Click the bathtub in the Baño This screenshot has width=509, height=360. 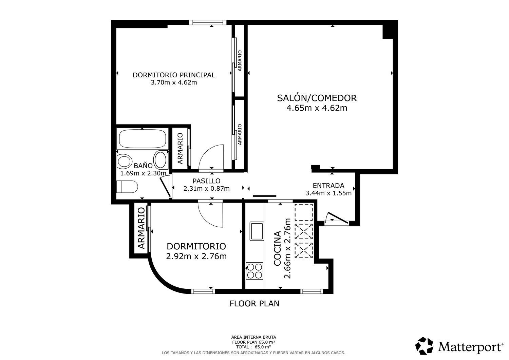pos(143,138)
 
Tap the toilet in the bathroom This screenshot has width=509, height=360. pos(127,187)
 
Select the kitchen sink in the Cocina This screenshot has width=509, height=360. pos(257,231)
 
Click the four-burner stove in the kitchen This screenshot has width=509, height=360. pos(254,271)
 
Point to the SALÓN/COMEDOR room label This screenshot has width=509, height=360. pos(317,98)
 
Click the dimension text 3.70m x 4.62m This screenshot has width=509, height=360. pos(174,82)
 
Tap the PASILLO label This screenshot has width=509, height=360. pos(206,181)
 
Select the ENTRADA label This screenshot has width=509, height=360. pos(328,186)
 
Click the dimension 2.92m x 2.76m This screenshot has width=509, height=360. pos(196,256)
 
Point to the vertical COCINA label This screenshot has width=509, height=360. pos(277,248)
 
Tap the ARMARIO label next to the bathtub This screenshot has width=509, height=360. pos(180,148)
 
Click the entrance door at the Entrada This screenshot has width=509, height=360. pos(337,218)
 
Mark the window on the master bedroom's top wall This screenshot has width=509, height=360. pos(208,22)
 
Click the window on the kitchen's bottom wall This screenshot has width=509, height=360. pos(312,291)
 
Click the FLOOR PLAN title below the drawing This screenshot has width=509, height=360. pos(254,303)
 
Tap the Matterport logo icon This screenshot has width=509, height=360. pos(424,346)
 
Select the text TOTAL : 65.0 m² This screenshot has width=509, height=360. pos(253,347)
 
